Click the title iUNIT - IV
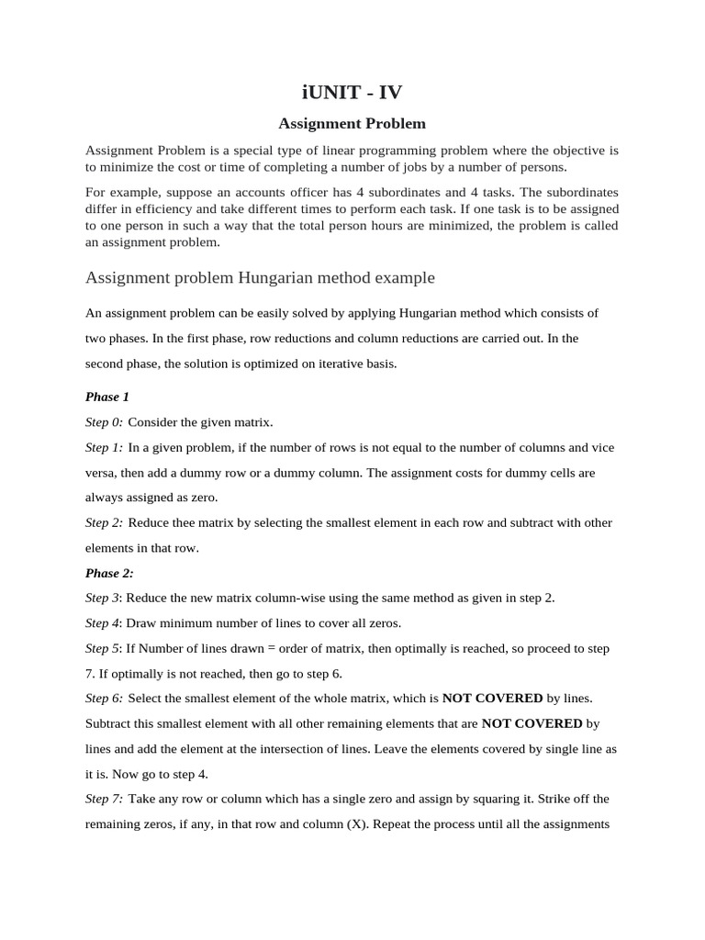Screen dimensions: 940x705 (x=352, y=92)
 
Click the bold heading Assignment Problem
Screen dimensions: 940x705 (x=352, y=123)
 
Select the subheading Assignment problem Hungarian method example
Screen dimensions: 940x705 (x=260, y=277)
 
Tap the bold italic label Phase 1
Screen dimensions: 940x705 (x=107, y=397)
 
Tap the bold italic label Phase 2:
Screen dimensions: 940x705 (x=109, y=573)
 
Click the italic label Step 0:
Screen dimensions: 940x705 (x=104, y=422)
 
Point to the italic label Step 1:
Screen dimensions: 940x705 (x=104, y=447)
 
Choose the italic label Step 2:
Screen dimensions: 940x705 (x=104, y=522)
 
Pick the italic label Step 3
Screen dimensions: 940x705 (x=102, y=598)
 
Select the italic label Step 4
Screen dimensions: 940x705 (x=102, y=623)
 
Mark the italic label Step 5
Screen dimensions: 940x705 (x=102, y=648)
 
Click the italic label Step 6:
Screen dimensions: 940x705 (x=104, y=699)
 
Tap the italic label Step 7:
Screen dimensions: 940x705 (x=104, y=799)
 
